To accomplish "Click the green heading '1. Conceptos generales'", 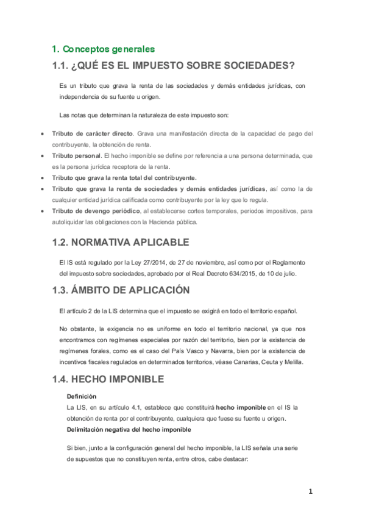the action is [x=103, y=49].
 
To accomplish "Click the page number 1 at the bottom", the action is [x=310, y=491].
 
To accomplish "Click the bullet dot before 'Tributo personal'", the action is [x=41, y=156].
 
